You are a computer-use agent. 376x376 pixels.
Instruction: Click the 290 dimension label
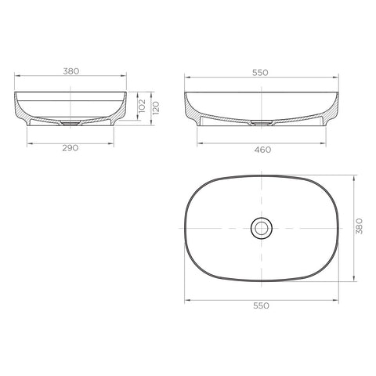(70, 148)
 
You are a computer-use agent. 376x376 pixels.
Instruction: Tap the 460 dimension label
(262, 150)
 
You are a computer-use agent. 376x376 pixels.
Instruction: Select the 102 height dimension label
(142, 106)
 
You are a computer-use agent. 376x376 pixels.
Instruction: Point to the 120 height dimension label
(156, 108)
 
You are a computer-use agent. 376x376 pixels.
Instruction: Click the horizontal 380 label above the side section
(71, 71)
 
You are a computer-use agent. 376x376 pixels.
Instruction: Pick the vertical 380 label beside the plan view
(360, 226)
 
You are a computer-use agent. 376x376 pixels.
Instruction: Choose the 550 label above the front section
(260, 73)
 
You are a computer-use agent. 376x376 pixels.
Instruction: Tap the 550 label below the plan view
(261, 305)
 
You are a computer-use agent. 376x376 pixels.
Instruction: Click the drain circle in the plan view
(262, 228)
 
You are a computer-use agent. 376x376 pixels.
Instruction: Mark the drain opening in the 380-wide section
(70, 123)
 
